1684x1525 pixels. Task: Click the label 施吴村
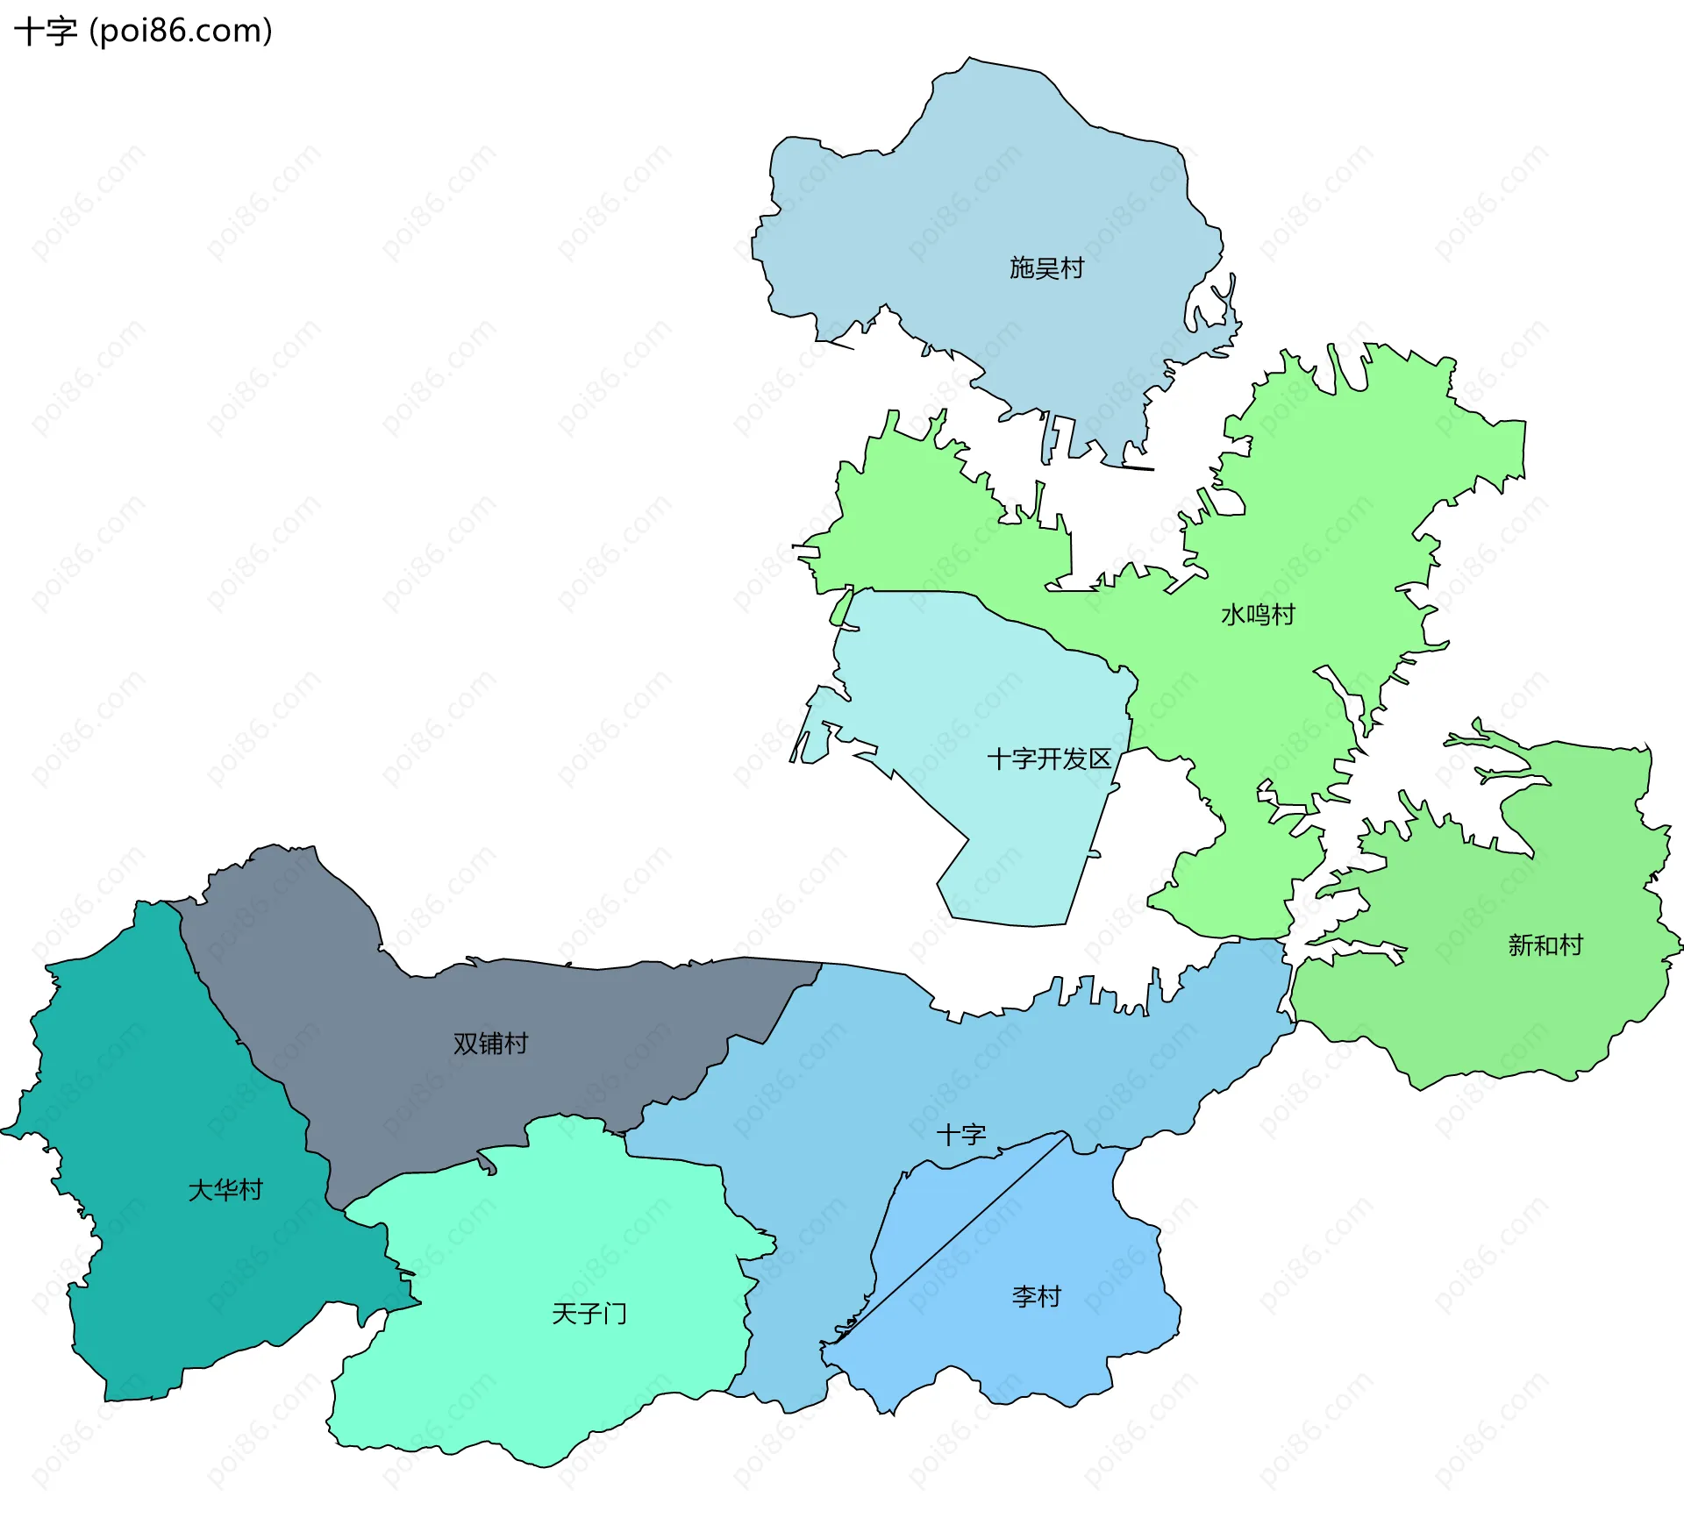point(1046,267)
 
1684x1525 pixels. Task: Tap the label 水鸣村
point(1258,614)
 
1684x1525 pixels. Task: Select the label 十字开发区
point(1049,759)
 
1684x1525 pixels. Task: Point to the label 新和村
point(1545,944)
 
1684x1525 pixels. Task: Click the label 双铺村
point(490,1043)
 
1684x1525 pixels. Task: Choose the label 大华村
point(225,1189)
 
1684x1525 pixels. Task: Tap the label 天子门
point(589,1313)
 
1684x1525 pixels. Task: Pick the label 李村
point(1037,1296)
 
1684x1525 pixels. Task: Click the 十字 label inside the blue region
point(961,1135)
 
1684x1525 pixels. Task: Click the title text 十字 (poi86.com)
point(143,31)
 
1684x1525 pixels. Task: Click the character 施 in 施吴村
point(1022,267)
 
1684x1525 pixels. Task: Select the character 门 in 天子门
point(615,1313)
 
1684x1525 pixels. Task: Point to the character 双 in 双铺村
point(465,1043)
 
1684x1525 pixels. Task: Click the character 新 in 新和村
point(1520,944)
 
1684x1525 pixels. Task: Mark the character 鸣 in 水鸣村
point(1258,614)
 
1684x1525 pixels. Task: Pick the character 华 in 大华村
point(225,1189)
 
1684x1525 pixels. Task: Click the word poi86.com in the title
point(181,31)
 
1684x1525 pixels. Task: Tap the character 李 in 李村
point(1024,1296)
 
